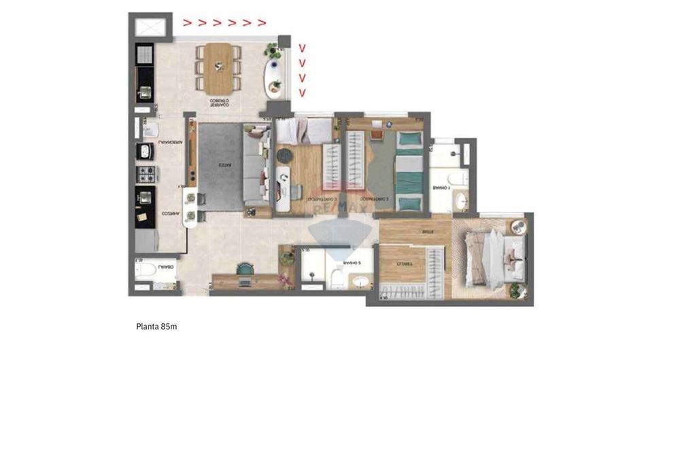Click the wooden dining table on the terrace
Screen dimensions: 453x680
click(x=219, y=67)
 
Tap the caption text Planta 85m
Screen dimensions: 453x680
click(x=156, y=327)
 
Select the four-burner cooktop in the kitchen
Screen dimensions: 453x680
click(x=146, y=174)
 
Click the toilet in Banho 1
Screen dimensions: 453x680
click(x=460, y=179)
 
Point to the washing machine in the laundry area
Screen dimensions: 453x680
click(x=146, y=151)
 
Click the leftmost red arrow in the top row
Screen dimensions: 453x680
click(x=186, y=22)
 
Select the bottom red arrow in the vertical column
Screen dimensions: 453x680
click(x=303, y=93)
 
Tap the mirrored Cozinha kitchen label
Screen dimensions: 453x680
click(x=170, y=213)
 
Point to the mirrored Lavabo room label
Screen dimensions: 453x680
click(x=165, y=268)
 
